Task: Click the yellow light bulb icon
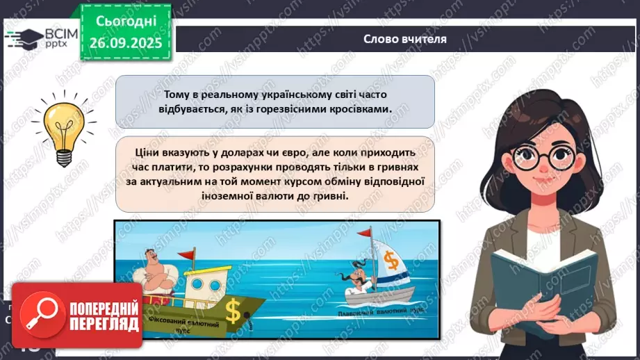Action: (x=60, y=129)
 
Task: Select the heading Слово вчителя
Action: (x=405, y=39)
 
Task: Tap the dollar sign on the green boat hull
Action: (x=233, y=313)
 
